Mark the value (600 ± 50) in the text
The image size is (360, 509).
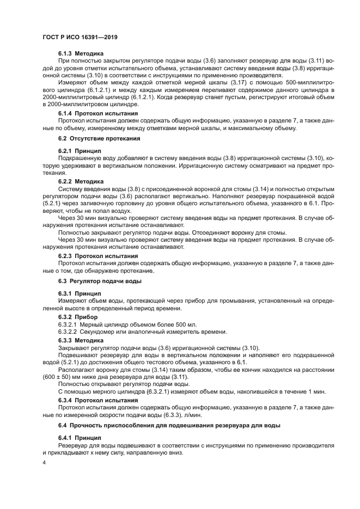coord(55,376)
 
